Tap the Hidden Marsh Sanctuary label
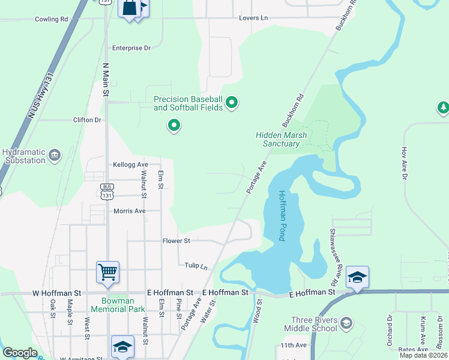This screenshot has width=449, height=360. pyautogui.click(x=277, y=140)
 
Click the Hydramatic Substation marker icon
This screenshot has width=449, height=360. pyautogui.click(x=55, y=156)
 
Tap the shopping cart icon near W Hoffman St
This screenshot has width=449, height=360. pyautogui.click(x=108, y=272)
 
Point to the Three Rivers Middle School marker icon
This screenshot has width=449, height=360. pyautogui.click(x=346, y=324)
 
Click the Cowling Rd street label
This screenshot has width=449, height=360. pyautogui.click(x=52, y=19)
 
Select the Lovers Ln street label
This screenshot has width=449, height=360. pyautogui.click(x=253, y=19)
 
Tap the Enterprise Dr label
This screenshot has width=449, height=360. pyautogui.click(x=131, y=48)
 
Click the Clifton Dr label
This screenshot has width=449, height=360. pyautogui.click(x=88, y=120)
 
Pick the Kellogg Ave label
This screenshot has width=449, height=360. pyautogui.click(x=130, y=164)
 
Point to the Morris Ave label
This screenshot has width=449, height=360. pyautogui.click(x=130, y=211)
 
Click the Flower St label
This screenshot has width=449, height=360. pyautogui.click(x=176, y=241)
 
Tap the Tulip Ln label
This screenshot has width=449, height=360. pyautogui.click(x=192, y=265)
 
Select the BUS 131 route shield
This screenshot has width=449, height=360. pyautogui.click(x=107, y=191)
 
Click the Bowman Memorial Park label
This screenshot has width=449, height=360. pyautogui.click(x=118, y=305)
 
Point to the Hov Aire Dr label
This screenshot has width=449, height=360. pyautogui.click(x=404, y=163)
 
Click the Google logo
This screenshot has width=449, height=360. pyautogui.click(x=20, y=353)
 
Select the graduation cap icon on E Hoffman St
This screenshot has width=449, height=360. pyautogui.click(x=357, y=277)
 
